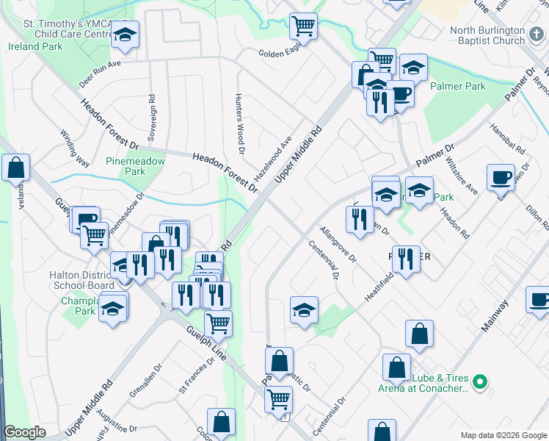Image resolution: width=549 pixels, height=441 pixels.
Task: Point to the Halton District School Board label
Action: [81, 280]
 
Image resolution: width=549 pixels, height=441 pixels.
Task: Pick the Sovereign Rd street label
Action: [152, 118]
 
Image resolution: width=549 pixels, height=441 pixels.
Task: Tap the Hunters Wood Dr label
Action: [239, 124]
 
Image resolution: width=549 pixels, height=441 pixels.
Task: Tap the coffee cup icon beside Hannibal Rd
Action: [501, 177]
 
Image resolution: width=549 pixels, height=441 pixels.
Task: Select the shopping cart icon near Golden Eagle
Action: [303, 26]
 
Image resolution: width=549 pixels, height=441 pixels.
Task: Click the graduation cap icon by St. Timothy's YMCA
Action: [126, 35]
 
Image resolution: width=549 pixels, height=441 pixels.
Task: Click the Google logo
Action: [24, 432]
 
